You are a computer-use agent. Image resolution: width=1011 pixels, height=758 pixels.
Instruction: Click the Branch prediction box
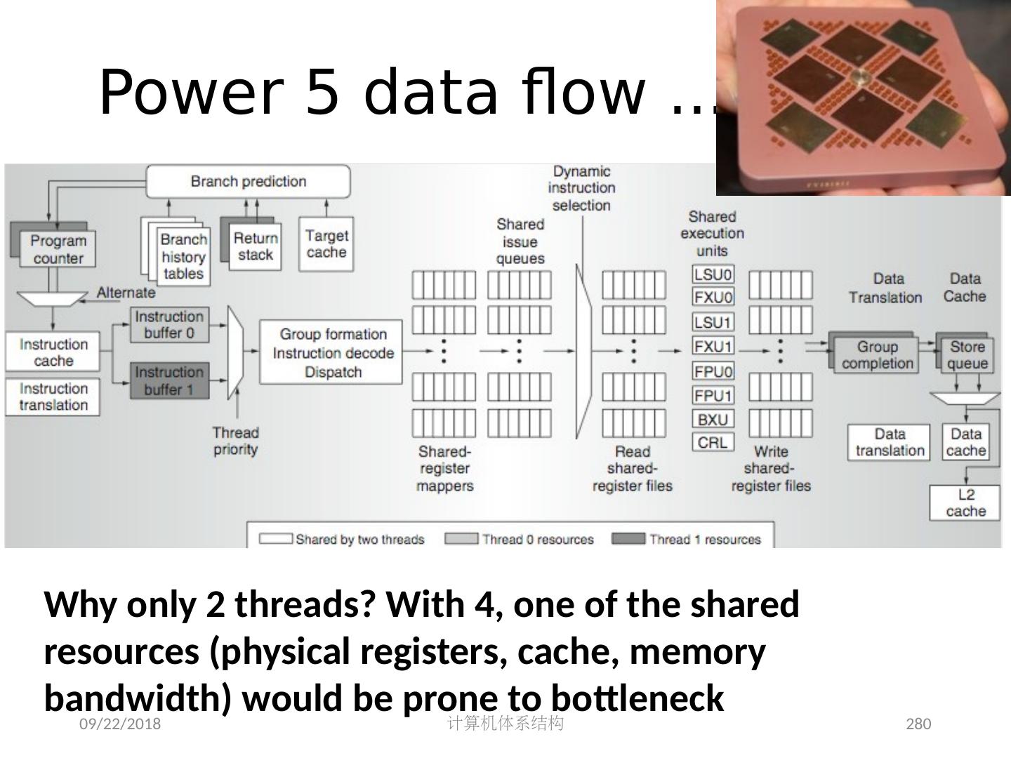248,182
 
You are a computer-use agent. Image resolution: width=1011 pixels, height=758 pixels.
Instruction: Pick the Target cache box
326,244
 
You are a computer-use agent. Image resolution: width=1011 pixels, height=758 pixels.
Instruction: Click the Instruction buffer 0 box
169,325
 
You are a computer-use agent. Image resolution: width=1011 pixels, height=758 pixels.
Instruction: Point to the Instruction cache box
53,352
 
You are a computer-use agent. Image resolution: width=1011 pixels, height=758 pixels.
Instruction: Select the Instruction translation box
53,397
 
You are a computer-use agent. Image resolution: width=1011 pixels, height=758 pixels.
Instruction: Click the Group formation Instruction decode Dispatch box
332,353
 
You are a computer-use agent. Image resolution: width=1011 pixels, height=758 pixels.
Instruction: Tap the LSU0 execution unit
713,274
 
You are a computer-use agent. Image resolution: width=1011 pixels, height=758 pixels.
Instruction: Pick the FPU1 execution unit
713,396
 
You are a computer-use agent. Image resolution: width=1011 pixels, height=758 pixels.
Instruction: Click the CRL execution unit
713,443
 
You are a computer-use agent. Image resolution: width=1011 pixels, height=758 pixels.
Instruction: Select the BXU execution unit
713,420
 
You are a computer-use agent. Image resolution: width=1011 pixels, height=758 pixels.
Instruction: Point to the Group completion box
877,355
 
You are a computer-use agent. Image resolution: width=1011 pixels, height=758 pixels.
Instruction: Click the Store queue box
967,355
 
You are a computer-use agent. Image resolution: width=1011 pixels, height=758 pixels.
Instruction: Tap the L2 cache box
965,503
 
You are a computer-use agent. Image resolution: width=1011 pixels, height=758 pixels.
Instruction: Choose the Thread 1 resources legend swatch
628,539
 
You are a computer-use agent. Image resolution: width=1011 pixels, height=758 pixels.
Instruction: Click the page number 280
918,724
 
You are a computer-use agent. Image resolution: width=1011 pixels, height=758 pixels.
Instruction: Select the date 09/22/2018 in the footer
119,724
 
